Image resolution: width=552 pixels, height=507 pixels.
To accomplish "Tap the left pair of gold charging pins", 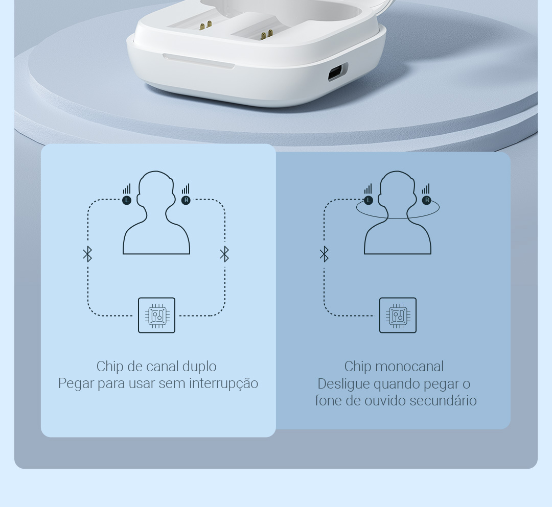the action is pyautogui.click(x=205, y=25).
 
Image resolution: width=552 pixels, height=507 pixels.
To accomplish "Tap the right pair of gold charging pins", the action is pyautogui.click(x=267, y=34).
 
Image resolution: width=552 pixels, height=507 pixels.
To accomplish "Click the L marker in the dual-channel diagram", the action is pyautogui.click(x=127, y=201).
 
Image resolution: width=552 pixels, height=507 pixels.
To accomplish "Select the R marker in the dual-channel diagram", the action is pyautogui.click(x=186, y=201).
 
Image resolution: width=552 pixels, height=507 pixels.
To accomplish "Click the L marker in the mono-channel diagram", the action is pyautogui.click(x=368, y=201).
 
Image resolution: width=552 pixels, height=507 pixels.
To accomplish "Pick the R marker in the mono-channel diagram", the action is pyautogui.click(x=427, y=201).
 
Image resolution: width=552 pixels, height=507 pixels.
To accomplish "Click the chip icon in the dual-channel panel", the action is pyautogui.click(x=157, y=315).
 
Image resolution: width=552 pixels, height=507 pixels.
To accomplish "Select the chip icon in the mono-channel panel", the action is pyautogui.click(x=398, y=315).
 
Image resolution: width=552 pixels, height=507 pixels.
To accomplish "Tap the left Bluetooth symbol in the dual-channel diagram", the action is pyautogui.click(x=88, y=254).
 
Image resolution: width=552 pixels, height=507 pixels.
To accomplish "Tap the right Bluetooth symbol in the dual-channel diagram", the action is pyautogui.click(x=224, y=254).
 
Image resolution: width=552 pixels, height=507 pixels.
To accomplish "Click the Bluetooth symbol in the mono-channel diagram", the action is pyautogui.click(x=324, y=254).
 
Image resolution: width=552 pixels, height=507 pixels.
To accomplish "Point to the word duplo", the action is pyautogui.click(x=199, y=367).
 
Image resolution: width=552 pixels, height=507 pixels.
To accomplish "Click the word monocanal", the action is pyautogui.click(x=409, y=367).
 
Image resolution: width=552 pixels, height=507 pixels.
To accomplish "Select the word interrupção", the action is pyautogui.click(x=224, y=384).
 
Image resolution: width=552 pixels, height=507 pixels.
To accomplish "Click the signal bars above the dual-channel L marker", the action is pyautogui.click(x=127, y=189).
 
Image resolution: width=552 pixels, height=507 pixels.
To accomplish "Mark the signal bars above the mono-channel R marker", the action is pyautogui.click(x=426, y=189).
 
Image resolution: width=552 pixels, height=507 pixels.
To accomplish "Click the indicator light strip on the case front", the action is pyautogui.click(x=198, y=60).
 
